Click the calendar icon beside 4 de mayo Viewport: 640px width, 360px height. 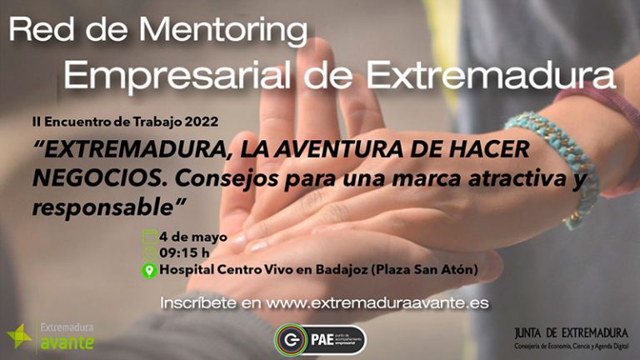(x=150, y=237)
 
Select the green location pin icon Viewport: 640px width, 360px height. (x=150, y=270)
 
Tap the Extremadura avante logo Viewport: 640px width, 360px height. (x=51, y=335)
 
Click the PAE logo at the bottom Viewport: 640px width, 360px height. (x=319, y=339)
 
